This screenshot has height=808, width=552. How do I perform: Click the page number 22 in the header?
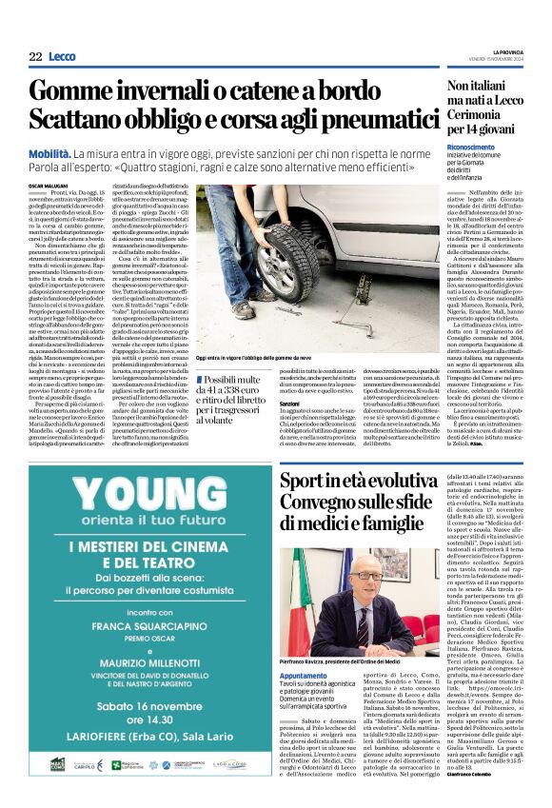[35, 57]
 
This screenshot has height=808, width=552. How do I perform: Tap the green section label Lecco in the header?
[62, 57]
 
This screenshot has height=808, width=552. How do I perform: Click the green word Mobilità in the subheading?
[54, 152]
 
